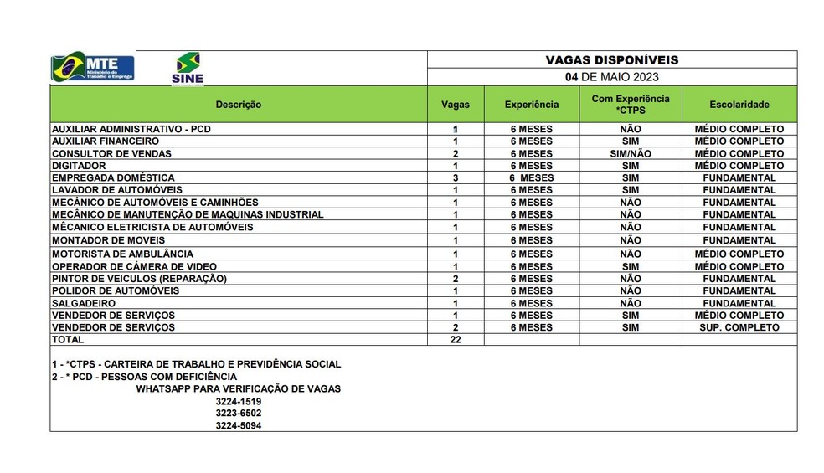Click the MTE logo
pos(93,67)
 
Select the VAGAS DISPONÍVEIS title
pos(611,59)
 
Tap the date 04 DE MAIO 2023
pos(611,77)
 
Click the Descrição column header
pos(239,105)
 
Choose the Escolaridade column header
pos(739,105)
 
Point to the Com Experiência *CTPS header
pos(630,105)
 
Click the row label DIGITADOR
pos(80,166)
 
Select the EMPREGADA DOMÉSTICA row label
pos(113,178)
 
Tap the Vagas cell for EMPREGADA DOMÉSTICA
pos(455,178)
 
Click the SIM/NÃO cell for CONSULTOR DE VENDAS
pos(630,154)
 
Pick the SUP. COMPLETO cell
pos(739,328)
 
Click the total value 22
pos(455,340)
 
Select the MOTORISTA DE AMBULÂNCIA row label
pos(122,254)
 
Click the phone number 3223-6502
pos(238,414)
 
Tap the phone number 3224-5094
pos(238,425)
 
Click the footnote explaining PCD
pos(144,377)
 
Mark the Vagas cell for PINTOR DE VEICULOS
pos(455,279)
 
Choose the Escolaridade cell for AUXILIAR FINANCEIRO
pos(739,141)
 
